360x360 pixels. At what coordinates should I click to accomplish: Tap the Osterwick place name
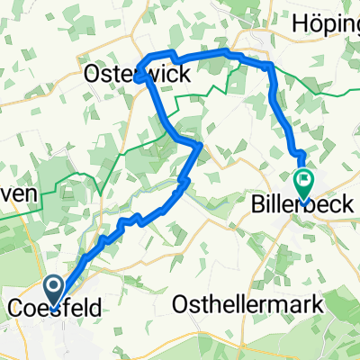point(139,75)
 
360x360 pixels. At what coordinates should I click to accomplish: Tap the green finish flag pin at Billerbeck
point(302,182)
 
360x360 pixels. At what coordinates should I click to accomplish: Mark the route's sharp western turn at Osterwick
point(137,79)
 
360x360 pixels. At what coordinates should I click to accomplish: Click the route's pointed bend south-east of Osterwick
point(199,144)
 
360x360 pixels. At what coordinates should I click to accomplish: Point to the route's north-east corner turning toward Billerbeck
point(270,67)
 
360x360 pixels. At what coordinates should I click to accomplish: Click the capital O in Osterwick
point(95,75)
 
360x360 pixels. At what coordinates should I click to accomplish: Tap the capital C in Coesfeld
point(15,308)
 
